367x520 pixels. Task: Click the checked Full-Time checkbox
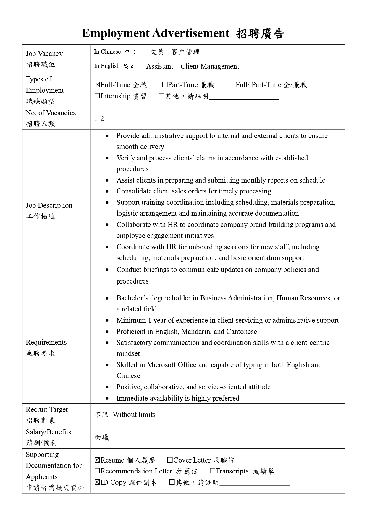point(97,85)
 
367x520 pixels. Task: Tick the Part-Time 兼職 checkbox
point(165,85)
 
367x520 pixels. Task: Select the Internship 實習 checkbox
point(97,96)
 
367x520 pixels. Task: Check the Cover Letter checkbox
point(170,460)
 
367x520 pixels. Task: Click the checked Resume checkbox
point(97,460)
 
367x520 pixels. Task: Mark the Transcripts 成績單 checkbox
point(213,471)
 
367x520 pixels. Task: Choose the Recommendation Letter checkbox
point(97,471)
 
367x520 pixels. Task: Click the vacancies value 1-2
point(99,119)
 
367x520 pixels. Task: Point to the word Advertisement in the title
point(191,33)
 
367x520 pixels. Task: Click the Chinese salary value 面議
point(102,437)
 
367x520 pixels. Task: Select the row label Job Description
point(49,205)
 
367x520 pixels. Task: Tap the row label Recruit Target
point(46,409)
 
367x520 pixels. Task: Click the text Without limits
point(134,415)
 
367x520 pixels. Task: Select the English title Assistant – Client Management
point(193,66)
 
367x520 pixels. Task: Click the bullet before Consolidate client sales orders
point(107,191)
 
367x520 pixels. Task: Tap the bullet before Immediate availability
point(107,399)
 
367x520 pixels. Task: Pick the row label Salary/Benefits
point(48,432)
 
